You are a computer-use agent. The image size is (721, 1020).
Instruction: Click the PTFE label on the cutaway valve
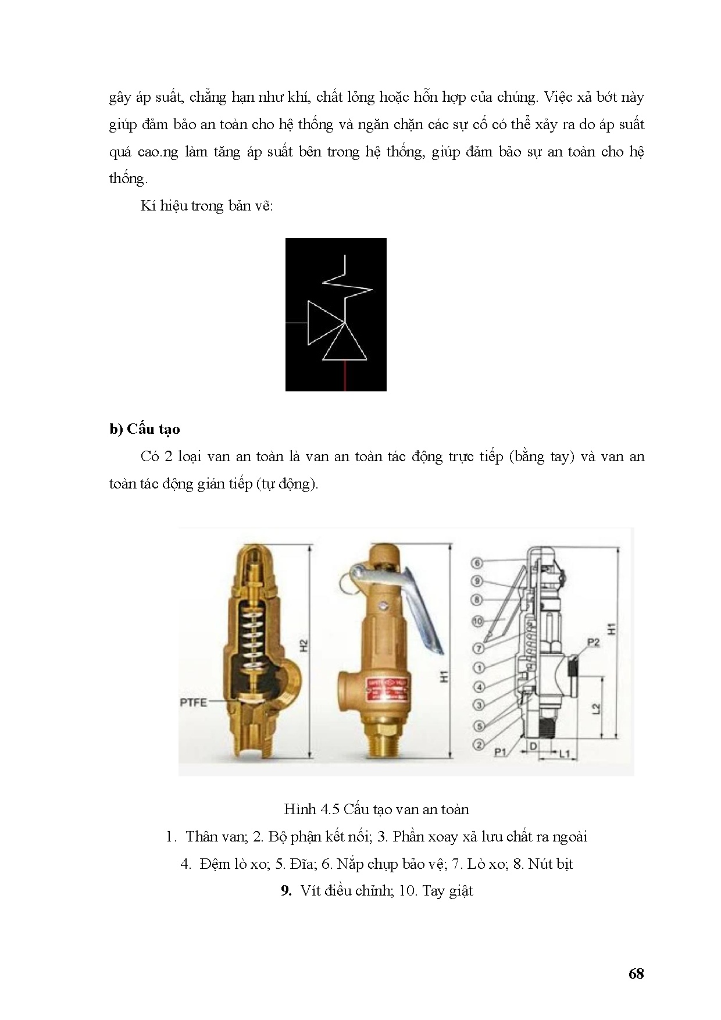click(193, 702)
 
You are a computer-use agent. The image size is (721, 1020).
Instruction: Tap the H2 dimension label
click(303, 645)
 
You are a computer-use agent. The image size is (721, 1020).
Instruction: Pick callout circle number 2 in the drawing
click(479, 744)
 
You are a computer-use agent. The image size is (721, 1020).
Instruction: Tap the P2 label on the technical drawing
click(593, 642)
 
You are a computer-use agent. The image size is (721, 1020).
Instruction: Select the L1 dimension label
click(565, 754)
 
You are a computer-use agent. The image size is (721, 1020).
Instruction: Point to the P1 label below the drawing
click(501, 752)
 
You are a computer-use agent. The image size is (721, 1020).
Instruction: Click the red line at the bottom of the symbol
click(345, 376)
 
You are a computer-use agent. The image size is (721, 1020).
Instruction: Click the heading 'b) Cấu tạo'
click(145, 429)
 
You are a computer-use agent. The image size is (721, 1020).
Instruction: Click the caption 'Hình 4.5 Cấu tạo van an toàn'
click(376, 809)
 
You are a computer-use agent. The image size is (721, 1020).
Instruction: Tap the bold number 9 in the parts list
click(286, 890)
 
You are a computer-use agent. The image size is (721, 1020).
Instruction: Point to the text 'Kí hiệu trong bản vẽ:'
click(206, 206)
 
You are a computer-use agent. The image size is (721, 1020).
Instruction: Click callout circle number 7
click(479, 648)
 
